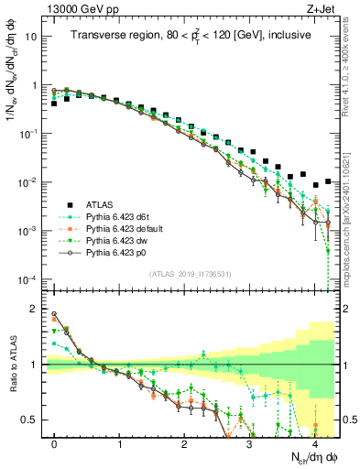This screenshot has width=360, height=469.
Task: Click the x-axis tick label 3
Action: tap(249, 442)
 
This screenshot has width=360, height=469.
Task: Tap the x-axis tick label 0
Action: tap(55, 442)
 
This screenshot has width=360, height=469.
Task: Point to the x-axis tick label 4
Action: tap(314, 442)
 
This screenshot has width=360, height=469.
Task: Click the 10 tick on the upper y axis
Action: tap(33, 38)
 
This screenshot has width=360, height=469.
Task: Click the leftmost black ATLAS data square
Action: tap(55, 104)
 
